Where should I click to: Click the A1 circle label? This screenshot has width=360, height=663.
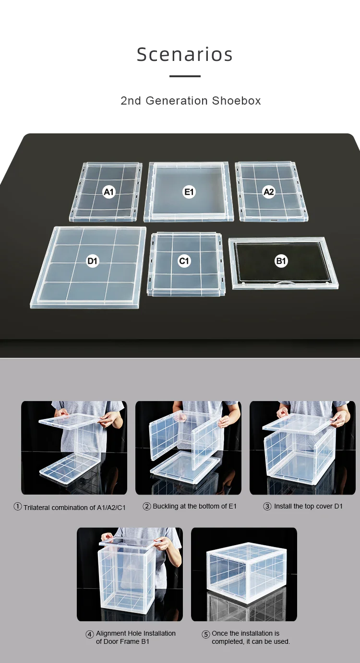pyautogui.click(x=109, y=192)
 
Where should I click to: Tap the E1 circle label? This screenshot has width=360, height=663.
pyautogui.click(x=189, y=192)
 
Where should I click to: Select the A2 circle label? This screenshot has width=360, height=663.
pyautogui.click(x=269, y=192)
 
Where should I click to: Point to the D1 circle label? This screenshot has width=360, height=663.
pyautogui.click(x=92, y=261)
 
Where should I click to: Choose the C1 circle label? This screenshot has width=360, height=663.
pyautogui.click(x=184, y=261)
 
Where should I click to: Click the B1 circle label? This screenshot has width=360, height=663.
pyautogui.click(x=281, y=261)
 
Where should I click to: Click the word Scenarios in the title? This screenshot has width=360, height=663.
pyautogui.click(x=185, y=55)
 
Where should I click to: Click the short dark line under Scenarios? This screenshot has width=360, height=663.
pyautogui.click(x=185, y=76)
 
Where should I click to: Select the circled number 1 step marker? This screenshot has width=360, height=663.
pyautogui.click(x=18, y=507)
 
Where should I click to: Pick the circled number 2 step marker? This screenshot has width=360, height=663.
pyautogui.click(x=147, y=506)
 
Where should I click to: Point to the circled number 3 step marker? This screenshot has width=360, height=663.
pyautogui.click(x=267, y=506)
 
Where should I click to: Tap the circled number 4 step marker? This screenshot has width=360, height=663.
pyautogui.click(x=90, y=634)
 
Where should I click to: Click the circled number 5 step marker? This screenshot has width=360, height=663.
pyautogui.click(x=206, y=634)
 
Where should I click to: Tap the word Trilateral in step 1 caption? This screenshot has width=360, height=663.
pyautogui.click(x=36, y=508)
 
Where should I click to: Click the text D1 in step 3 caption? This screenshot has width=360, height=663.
pyautogui.click(x=338, y=506)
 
